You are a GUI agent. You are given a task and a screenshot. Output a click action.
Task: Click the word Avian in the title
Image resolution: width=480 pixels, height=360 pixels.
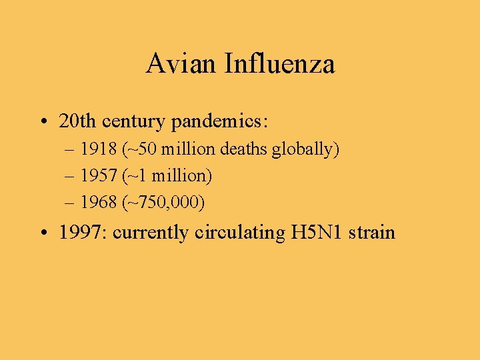point(181,64)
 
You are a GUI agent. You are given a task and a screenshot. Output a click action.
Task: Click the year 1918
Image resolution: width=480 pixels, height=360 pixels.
point(95,149)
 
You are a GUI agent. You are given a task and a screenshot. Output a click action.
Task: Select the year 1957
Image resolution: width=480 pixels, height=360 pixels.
point(95,176)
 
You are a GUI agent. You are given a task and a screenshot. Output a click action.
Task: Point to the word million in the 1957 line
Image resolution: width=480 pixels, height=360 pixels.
point(180,176)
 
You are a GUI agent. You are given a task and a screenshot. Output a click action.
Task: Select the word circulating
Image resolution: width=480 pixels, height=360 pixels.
point(241,233)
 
